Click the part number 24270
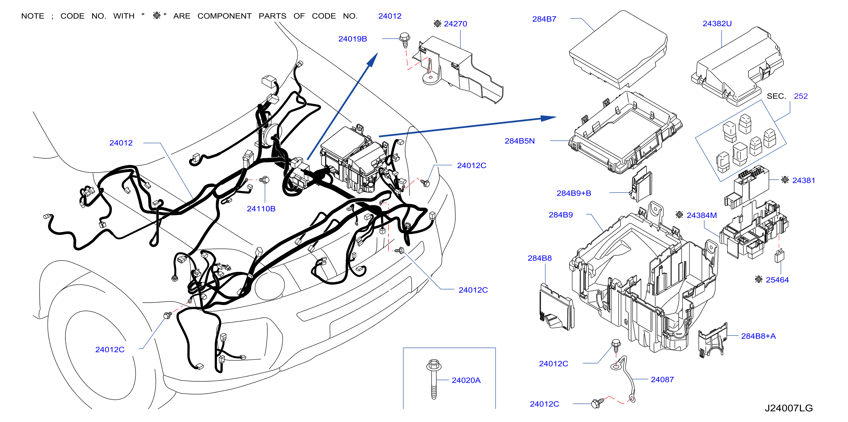[455, 24]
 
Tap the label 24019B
[353, 39]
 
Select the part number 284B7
[544, 19]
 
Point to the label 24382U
[717, 24]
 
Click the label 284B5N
[520, 141]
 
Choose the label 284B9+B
[574, 193]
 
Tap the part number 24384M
[702, 215]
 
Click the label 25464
[777, 280]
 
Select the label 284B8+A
[758, 336]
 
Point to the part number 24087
[662, 380]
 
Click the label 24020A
[466, 380]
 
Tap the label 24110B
[261, 209]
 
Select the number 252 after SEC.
[801, 96]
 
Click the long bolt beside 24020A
[434, 379]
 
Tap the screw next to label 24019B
[405, 40]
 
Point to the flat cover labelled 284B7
[618, 49]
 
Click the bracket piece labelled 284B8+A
[713, 341]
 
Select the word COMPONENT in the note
[224, 16]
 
